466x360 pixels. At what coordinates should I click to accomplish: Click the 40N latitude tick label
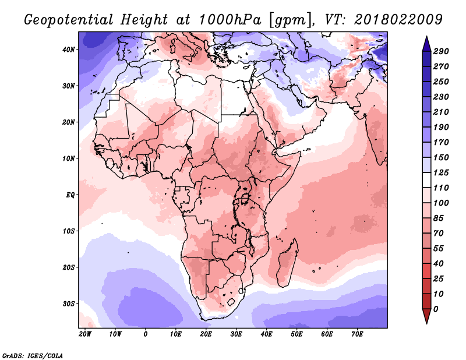69,50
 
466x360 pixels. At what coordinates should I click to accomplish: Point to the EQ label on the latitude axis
70,195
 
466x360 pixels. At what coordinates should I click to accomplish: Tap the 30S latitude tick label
68,304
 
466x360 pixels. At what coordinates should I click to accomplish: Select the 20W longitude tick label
85,334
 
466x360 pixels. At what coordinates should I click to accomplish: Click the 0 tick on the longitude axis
145,334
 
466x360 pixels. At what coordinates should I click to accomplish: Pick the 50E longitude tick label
296,334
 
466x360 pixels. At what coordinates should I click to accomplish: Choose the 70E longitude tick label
357,334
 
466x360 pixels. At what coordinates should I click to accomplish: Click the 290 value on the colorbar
441,51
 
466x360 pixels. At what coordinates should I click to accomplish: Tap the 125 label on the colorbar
441,172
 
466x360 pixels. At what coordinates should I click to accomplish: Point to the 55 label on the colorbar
439,249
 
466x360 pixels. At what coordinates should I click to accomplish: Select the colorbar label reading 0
436,309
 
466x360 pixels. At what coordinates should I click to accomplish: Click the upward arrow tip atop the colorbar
426,36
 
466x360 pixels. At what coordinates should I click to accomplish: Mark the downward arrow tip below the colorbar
426,323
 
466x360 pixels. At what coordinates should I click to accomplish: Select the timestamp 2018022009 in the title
398,20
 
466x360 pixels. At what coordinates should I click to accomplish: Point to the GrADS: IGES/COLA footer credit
33,355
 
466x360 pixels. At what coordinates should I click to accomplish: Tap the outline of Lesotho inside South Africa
231,302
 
